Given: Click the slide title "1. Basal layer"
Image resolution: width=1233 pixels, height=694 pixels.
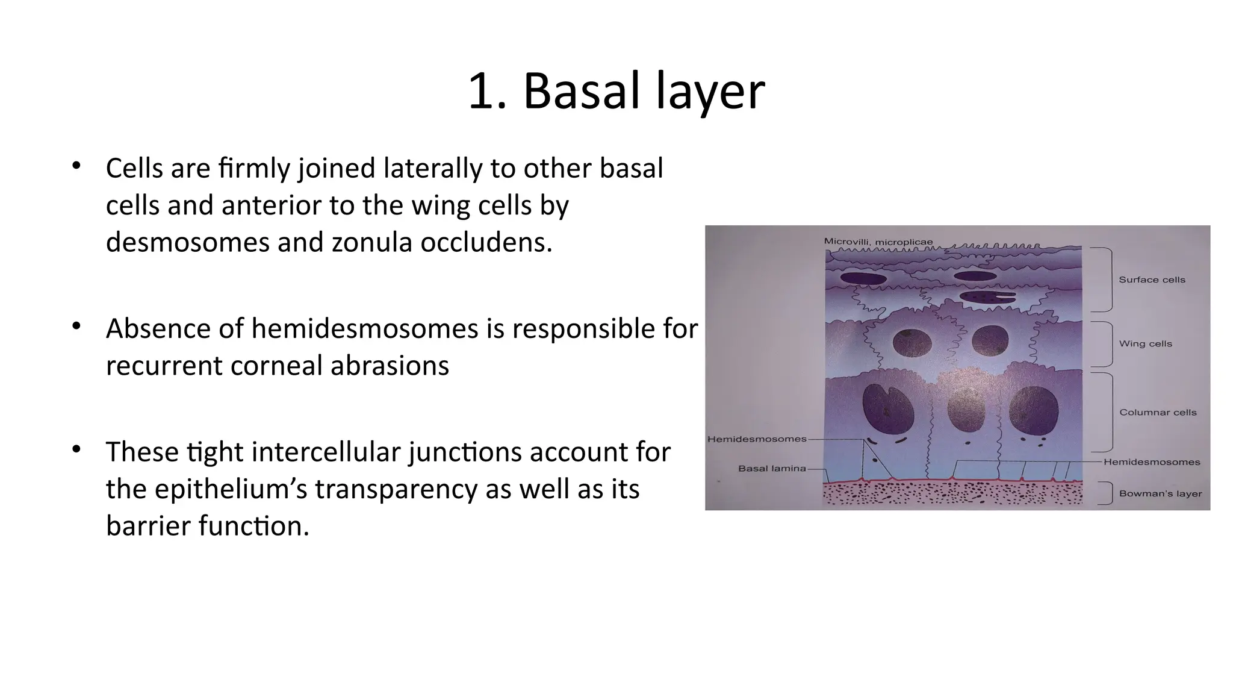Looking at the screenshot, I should [x=616, y=92].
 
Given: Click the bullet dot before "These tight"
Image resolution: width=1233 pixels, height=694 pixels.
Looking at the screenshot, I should [x=76, y=449].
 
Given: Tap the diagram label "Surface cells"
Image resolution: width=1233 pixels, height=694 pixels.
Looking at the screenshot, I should [x=1152, y=280].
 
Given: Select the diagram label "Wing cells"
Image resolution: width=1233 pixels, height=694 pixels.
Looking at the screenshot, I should [x=1145, y=343].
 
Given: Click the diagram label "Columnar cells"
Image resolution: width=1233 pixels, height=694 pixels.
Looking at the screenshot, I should [x=1157, y=412].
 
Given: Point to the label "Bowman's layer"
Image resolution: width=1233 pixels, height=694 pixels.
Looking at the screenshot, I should [x=1160, y=493].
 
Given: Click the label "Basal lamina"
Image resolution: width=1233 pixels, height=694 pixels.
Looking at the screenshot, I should [x=771, y=468].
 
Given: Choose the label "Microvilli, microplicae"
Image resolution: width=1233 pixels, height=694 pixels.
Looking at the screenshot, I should [x=878, y=242].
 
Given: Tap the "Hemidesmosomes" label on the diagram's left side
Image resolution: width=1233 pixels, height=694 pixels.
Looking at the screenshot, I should [x=756, y=439].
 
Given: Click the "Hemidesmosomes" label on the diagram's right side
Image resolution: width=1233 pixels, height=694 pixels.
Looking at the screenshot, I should [x=1151, y=462].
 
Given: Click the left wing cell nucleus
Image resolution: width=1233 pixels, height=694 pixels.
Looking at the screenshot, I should [x=912, y=343].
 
